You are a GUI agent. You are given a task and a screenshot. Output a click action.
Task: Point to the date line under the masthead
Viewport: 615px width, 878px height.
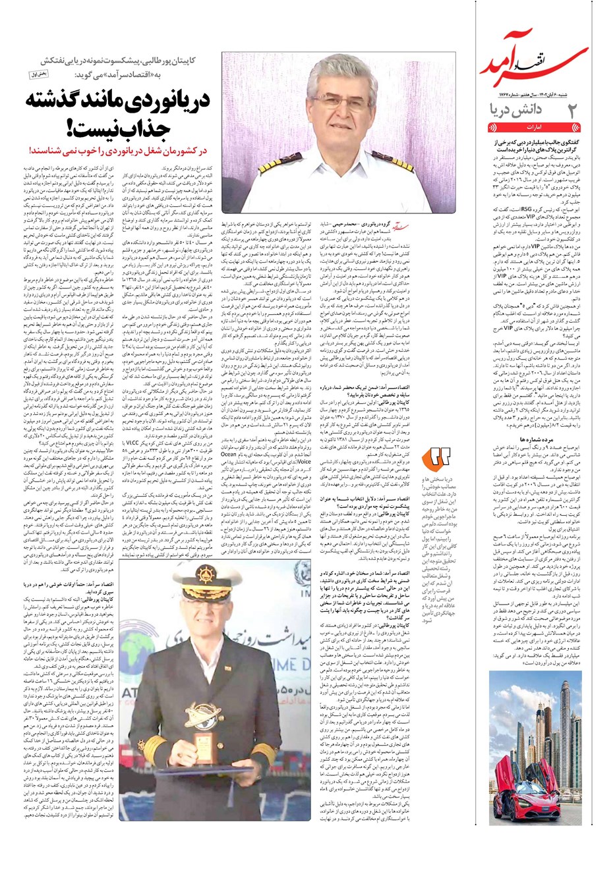(x=539, y=94)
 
